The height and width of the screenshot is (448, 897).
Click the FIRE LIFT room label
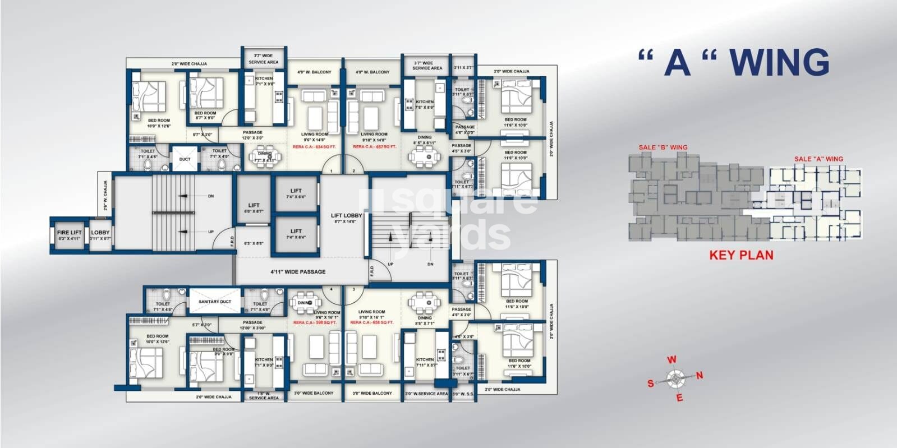click(70, 232)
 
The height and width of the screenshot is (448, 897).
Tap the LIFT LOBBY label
click(346, 215)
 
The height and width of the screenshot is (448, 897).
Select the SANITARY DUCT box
click(215, 302)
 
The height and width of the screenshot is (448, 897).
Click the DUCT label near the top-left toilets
click(185, 159)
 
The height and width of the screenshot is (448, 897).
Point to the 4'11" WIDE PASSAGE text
click(298, 272)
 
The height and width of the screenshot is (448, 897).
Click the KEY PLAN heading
click(741, 255)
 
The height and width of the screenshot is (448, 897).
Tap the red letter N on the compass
click(699, 376)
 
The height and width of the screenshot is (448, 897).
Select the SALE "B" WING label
click(663, 147)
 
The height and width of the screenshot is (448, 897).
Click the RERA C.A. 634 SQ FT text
click(314, 147)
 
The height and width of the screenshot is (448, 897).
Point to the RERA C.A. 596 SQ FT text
click(315, 322)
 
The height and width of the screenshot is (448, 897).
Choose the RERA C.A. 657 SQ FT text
click(374, 147)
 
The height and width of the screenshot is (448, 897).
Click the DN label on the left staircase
click(210, 196)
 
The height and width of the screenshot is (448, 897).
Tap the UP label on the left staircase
click(210, 231)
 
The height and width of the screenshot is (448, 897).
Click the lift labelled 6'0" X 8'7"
click(254, 208)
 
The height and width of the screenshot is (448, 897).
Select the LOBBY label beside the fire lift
click(100, 232)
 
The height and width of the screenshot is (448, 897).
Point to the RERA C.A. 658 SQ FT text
click(372, 322)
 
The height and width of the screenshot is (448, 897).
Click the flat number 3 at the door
click(353, 289)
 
